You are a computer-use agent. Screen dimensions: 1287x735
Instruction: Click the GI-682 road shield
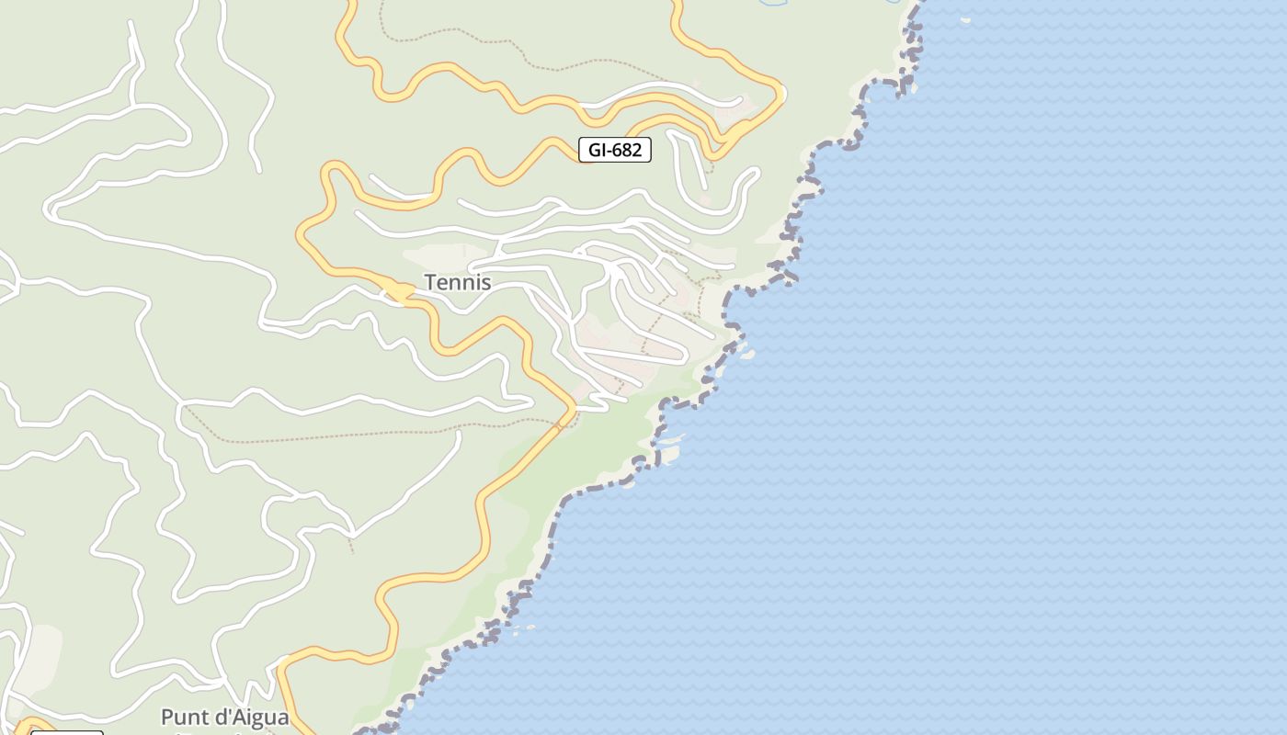(x=615, y=150)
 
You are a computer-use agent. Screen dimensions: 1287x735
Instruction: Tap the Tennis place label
(x=457, y=283)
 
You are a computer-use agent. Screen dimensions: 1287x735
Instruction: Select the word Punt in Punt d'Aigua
(x=184, y=718)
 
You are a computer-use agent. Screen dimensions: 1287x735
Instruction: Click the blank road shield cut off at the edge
(x=67, y=732)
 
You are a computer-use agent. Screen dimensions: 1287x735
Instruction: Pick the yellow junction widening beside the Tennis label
(x=397, y=292)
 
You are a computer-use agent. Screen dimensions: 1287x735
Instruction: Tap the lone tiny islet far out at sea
(x=965, y=19)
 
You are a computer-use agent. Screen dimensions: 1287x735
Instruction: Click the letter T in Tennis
(x=429, y=283)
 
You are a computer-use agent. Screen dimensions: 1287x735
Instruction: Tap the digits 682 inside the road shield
(x=627, y=150)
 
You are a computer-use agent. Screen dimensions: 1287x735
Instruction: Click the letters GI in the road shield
(x=595, y=150)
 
